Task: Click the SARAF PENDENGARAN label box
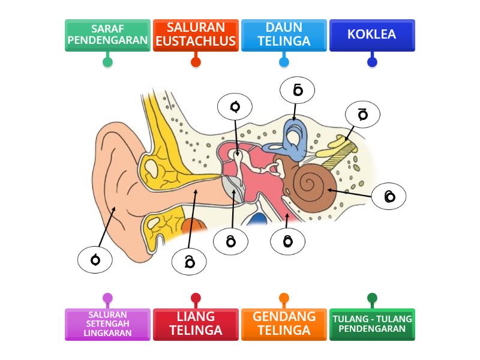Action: tap(107, 35)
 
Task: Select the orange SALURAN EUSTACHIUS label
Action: tap(196, 35)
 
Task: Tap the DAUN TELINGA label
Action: tap(284, 35)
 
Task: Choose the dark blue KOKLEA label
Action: tap(372, 35)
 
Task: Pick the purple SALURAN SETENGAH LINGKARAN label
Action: tap(107, 324)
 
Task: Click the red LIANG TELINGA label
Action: tap(196, 324)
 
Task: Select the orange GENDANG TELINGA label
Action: tap(284, 324)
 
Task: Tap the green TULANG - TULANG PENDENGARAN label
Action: tap(372, 324)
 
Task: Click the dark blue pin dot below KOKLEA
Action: tap(372, 61)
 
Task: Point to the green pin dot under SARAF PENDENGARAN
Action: tap(107, 61)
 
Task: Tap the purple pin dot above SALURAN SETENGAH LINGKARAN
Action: tap(107, 298)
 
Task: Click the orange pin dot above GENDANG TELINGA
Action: tap(284, 298)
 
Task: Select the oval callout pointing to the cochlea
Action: tap(389, 197)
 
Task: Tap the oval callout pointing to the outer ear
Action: tap(95, 260)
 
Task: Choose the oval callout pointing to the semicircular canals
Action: tap(298, 90)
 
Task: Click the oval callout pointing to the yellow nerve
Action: tap(362, 114)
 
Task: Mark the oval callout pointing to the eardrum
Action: tap(231, 241)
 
